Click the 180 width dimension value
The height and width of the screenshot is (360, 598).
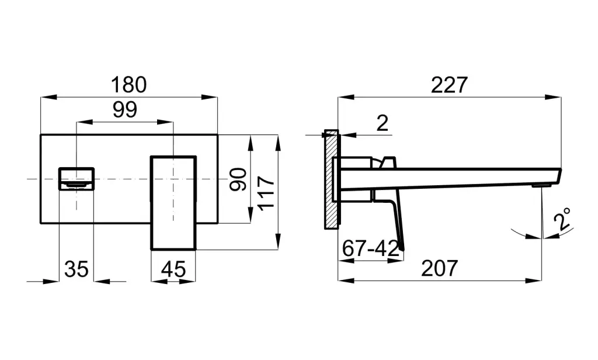tap(128, 85)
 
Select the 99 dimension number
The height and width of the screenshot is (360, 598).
tap(124, 110)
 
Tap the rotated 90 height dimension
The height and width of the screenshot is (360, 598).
tap(237, 179)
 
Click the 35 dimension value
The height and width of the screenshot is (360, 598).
tap(76, 269)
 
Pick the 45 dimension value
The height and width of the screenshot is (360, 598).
tap(173, 269)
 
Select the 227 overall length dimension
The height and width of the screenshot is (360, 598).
tap(449, 85)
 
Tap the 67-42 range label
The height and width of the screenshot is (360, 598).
tap(370, 248)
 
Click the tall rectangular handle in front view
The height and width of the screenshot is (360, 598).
tap(173, 202)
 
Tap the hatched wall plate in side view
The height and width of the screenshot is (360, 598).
tap(331, 178)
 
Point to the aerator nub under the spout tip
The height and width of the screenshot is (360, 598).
tap(541, 185)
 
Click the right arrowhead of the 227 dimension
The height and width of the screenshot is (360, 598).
tap(557, 96)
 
